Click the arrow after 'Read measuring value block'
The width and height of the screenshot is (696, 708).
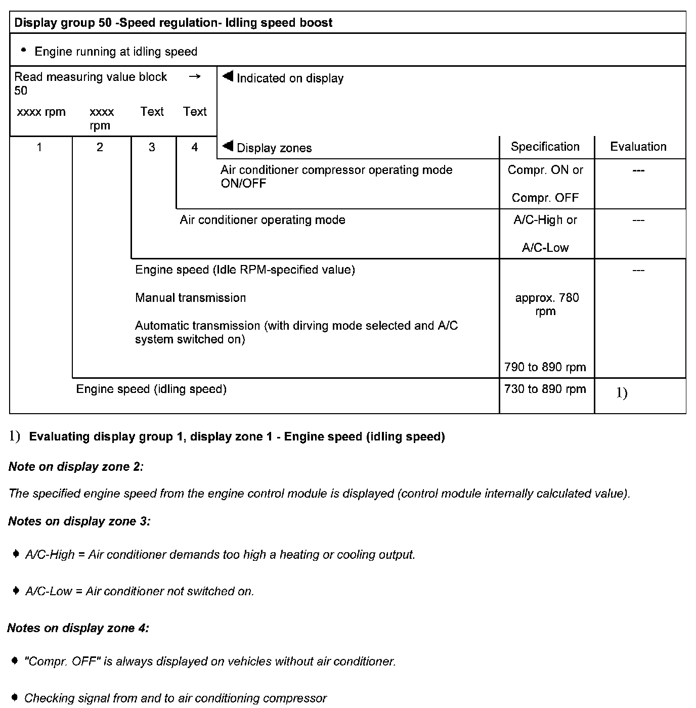(x=194, y=77)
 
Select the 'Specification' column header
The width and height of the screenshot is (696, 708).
(x=545, y=147)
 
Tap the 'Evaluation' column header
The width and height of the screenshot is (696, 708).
(x=638, y=147)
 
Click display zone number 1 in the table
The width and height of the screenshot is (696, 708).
(x=39, y=147)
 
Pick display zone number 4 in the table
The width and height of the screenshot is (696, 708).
(x=195, y=147)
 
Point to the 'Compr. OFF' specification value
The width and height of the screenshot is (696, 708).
(x=545, y=198)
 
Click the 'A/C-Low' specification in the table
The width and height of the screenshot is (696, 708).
(x=545, y=248)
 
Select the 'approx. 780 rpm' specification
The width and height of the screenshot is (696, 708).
(x=546, y=304)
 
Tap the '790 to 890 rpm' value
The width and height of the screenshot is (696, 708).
(x=545, y=367)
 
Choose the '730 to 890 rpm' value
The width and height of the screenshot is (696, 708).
(x=545, y=389)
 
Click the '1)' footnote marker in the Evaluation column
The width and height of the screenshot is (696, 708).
(x=622, y=393)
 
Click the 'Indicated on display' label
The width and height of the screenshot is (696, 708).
(x=290, y=78)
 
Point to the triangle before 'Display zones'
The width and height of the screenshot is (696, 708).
(x=228, y=147)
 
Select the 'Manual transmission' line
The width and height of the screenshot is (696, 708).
(x=190, y=298)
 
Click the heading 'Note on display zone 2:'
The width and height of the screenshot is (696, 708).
(x=76, y=467)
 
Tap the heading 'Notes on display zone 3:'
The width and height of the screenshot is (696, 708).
(x=79, y=521)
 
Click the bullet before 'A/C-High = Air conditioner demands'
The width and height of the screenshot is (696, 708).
(x=16, y=554)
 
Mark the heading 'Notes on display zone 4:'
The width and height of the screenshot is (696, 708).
(x=78, y=628)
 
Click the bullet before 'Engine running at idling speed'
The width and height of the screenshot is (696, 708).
(x=23, y=51)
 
